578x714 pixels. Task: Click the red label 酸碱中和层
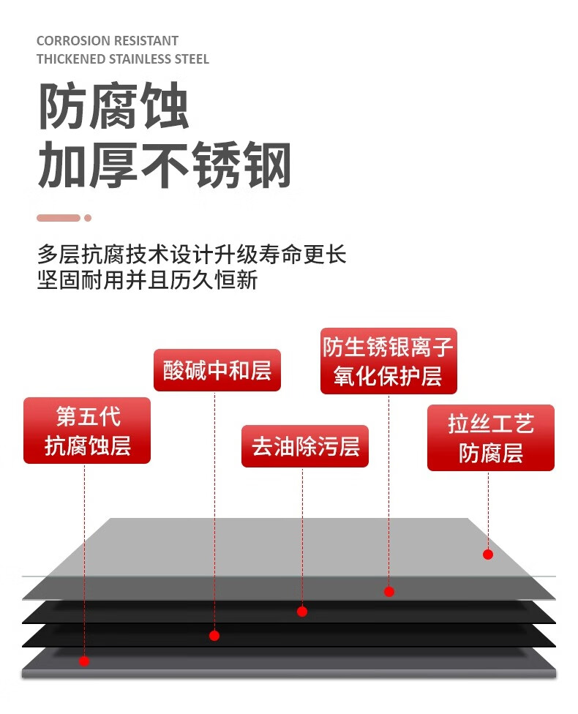(x=217, y=370)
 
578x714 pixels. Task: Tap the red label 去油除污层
(x=304, y=446)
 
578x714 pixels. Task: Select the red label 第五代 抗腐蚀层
(x=87, y=430)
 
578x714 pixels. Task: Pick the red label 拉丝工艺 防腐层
(x=490, y=437)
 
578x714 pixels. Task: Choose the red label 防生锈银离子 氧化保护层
(x=388, y=361)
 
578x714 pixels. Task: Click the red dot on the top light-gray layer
(x=488, y=555)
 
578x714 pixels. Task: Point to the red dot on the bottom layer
(x=84, y=661)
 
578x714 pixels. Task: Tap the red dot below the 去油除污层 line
(x=302, y=612)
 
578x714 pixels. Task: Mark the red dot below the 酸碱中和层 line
(x=214, y=636)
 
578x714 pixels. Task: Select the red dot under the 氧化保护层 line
(x=389, y=591)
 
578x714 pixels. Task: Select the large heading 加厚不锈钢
(x=165, y=165)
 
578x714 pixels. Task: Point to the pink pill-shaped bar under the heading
(x=59, y=218)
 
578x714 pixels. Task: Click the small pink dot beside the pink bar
(x=88, y=218)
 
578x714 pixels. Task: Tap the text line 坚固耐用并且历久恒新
(x=147, y=279)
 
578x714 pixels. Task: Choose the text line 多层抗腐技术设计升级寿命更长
(x=192, y=254)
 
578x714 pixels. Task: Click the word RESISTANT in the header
(x=148, y=41)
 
